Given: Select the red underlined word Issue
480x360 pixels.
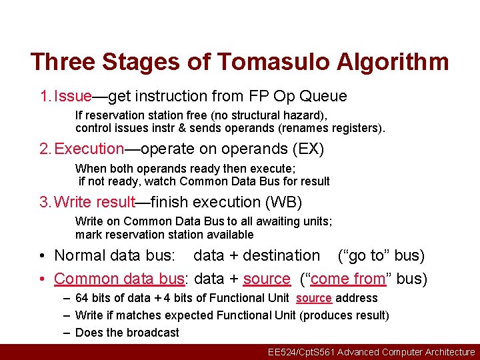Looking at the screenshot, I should point(73,96).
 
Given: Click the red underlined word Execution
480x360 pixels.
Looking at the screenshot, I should point(89,149).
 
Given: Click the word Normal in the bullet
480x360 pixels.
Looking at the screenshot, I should point(79,255).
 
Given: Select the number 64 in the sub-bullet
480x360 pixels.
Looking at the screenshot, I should point(82,298).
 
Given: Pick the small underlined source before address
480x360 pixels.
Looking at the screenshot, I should point(313,298).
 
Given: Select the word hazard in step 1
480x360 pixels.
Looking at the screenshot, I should point(289,115).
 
